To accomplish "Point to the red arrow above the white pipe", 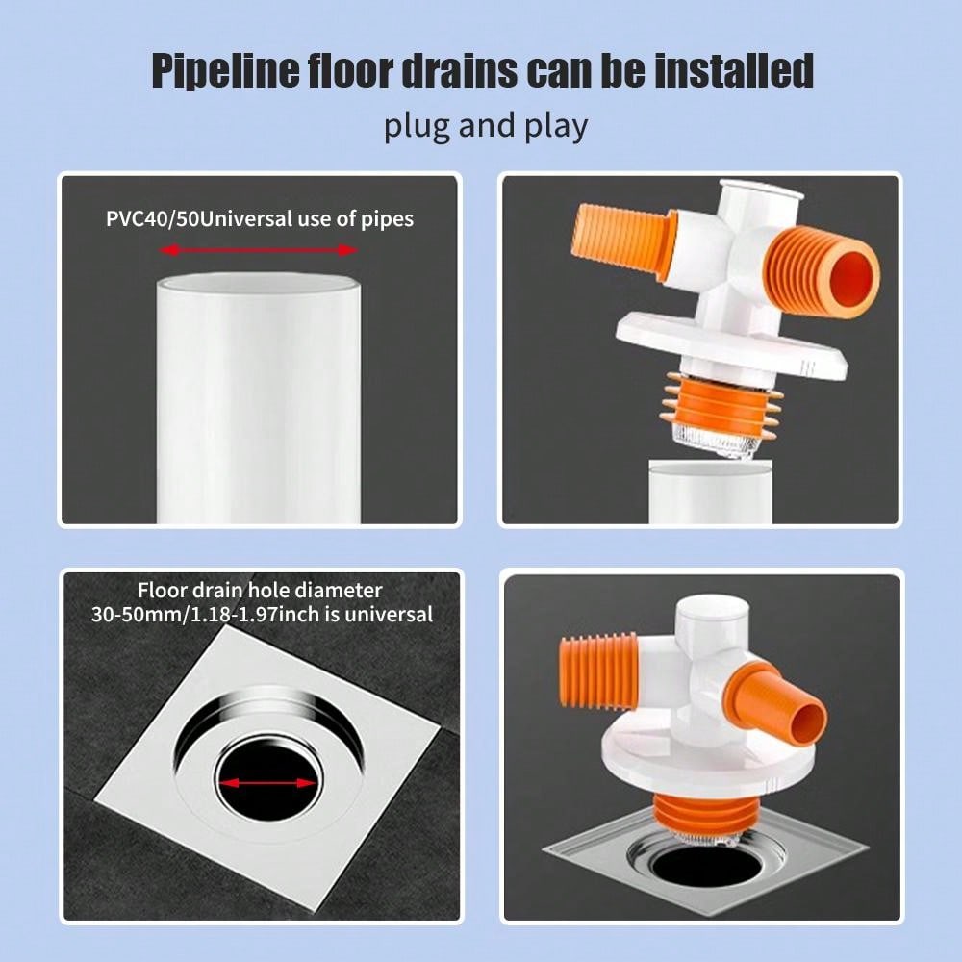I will click(x=258, y=250).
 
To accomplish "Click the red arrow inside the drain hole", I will click(x=266, y=782).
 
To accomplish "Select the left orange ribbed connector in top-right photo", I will click(x=620, y=241).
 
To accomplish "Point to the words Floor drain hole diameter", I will click(x=260, y=590).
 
